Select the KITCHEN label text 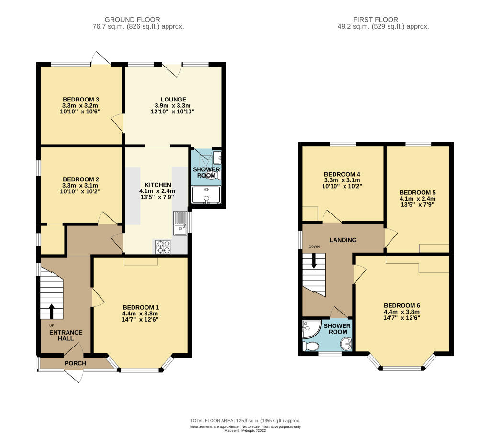point(158,185)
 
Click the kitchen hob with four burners point(163,246)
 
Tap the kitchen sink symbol point(180,224)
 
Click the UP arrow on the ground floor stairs point(52,310)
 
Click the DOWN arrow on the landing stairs point(314,259)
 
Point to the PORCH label point(76,363)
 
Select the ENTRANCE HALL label point(67,335)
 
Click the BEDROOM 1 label point(141,307)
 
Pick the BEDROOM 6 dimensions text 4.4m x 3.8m point(402,312)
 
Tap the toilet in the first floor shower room point(311,346)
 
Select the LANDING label point(343,240)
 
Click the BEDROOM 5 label point(418,191)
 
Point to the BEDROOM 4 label point(342,174)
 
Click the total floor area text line point(245,420)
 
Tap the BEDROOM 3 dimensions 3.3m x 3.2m point(79,106)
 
